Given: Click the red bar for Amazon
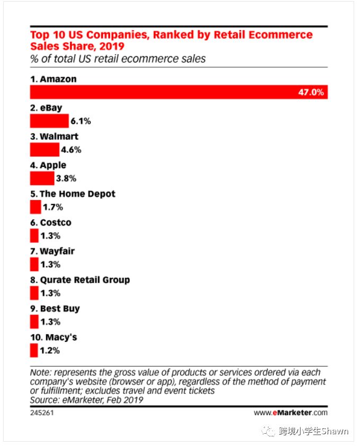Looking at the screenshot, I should click(159, 92).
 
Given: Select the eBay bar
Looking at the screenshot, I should click(49, 121).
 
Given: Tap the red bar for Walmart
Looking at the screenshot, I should click(45, 150).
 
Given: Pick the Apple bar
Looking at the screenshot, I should click(42, 178).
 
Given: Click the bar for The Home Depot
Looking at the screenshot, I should click(35, 207).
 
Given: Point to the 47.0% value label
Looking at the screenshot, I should click(312, 92).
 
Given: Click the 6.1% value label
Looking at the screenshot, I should click(81, 121).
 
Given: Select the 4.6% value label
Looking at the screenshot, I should click(71, 150).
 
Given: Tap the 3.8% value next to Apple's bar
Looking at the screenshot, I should click(66, 179).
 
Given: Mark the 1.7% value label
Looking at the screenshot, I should click(52, 207).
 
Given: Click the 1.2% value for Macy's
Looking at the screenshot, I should click(50, 350).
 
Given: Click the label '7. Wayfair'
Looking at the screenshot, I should click(52, 251).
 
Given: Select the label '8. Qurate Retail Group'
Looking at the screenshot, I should click(80, 280).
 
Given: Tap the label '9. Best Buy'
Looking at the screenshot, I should click(55, 309).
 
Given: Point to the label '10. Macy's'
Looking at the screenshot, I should click(54, 337).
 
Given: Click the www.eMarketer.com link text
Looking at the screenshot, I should click(291, 412).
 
